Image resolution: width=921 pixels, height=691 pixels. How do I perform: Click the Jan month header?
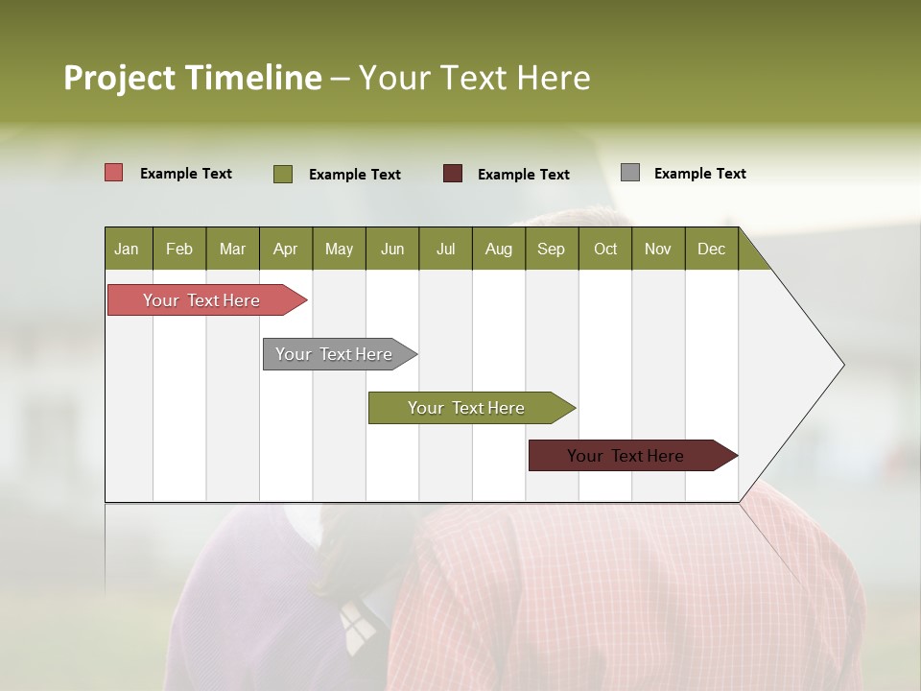coord(127,249)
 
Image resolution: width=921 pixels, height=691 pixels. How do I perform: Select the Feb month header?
coord(179,249)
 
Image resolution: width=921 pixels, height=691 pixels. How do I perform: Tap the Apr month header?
coord(285,249)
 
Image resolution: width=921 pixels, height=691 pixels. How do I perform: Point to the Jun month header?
coord(392,249)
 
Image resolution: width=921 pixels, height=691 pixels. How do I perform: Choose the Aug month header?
coord(498,249)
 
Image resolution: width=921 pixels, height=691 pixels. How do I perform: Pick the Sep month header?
coord(551,249)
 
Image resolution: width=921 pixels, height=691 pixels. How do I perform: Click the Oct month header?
coord(605,249)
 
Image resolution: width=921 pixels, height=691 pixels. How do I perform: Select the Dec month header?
coord(711,249)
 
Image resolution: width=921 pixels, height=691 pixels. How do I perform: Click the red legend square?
coord(114,173)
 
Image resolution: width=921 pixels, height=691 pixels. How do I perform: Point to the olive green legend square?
coord(283,174)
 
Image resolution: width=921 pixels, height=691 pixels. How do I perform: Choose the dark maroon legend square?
coord(453,174)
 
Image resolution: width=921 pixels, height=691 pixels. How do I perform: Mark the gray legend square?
coord(630,173)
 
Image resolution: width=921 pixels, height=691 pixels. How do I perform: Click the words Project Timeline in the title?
coord(192,78)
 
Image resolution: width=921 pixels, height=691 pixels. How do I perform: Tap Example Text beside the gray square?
coord(699,174)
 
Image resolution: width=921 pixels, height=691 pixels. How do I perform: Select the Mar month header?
coord(232,249)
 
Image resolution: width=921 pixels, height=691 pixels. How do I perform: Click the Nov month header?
coord(658,249)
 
